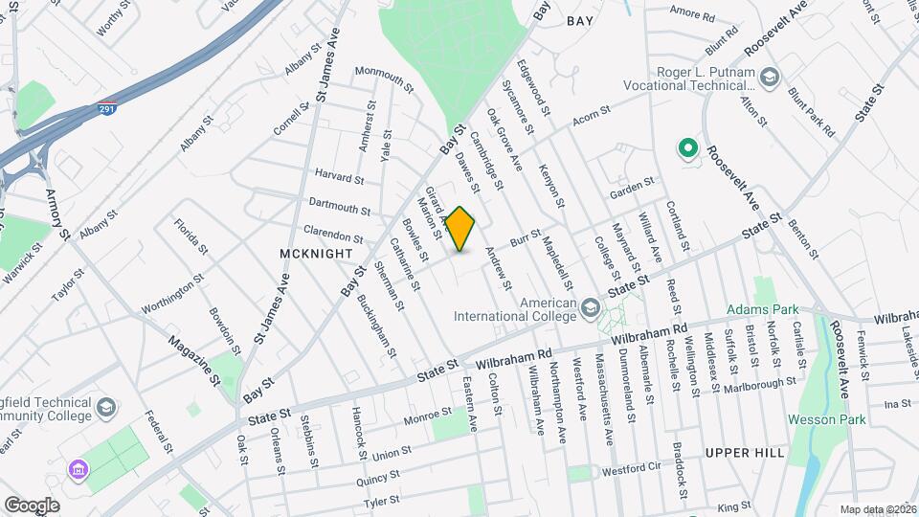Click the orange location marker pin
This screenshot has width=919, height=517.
click(460, 229)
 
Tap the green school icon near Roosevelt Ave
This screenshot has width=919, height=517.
click(686, 148)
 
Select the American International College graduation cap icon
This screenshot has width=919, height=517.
click(591, 307)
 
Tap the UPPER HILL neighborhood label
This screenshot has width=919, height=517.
click(744, 452)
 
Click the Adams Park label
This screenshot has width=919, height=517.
click(762, 309)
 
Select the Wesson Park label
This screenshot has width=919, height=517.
click(826, 419)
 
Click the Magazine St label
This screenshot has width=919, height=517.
click(195, 355)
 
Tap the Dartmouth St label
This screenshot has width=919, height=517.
click(339, 207)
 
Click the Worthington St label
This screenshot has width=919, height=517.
click(172, 293)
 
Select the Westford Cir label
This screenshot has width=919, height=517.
click(632, 471)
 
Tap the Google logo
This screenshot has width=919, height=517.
click(32, 505)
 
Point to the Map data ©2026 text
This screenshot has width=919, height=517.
click(877, 509)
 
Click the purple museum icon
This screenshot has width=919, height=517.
click(77, 470)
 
